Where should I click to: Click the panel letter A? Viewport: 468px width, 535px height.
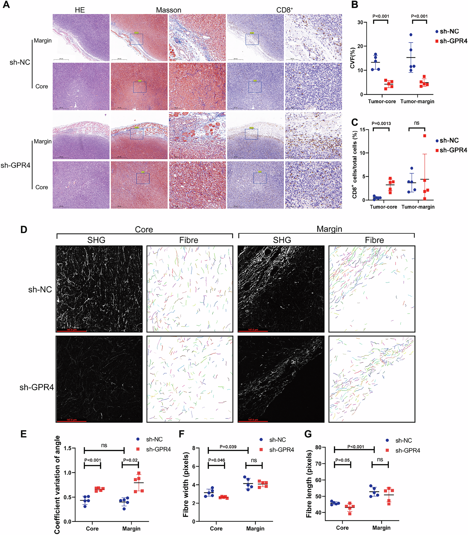[6, 4]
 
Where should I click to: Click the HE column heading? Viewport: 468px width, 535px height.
[80, 10]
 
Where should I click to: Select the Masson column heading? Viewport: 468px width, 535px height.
[169, 10]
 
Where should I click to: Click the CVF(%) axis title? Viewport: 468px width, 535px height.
[352, 58]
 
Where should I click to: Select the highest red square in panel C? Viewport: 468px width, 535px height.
[425, 136]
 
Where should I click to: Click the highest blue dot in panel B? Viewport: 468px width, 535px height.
[411, 35]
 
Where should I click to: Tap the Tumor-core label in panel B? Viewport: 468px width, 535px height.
[382, 101]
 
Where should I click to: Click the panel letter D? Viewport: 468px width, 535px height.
[24, 229]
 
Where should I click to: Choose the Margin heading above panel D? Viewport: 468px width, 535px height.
[329, 229]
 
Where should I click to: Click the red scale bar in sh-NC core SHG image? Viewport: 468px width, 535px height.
[71, 331]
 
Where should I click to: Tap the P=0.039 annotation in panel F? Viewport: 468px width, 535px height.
[228, 447]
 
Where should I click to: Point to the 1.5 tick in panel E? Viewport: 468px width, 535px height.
[68, 449]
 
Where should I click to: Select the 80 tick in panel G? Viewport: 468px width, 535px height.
[318, 447]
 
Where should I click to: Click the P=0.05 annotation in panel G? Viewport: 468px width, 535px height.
[342, 460]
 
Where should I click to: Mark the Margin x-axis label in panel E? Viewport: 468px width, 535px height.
[131, 528]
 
